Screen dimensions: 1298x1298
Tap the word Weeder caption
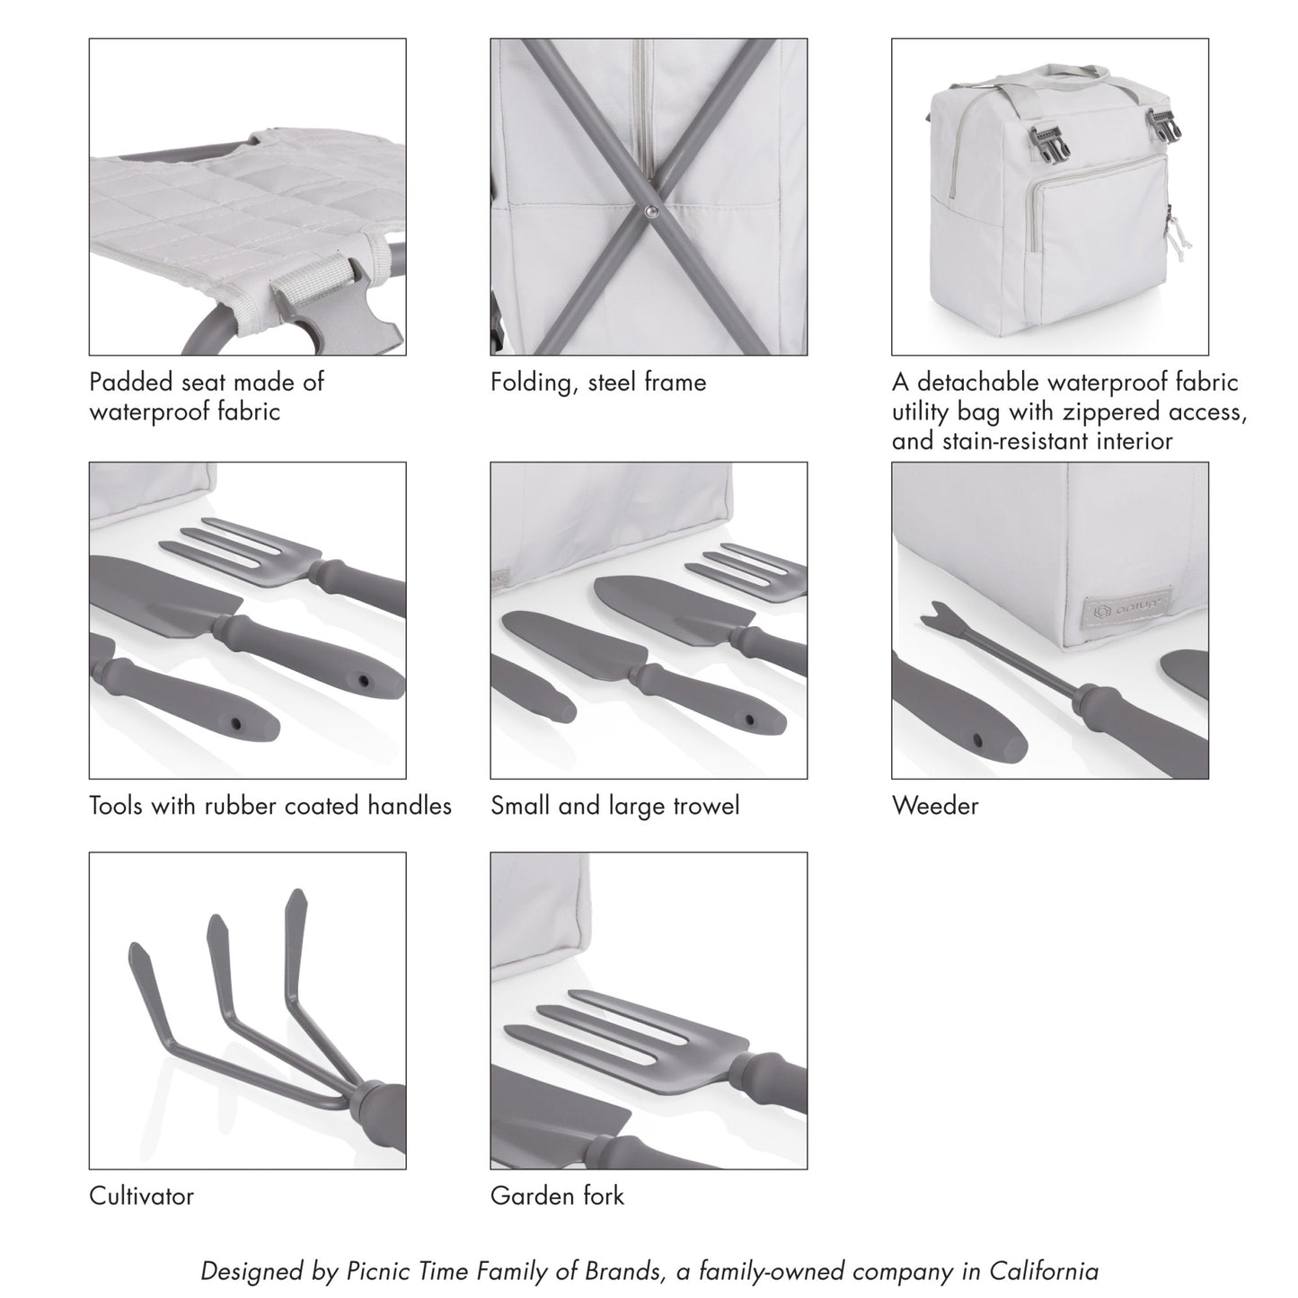tap(934, 806)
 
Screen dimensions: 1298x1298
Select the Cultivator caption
tap(141, 1196)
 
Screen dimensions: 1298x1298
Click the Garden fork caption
tap(557, 1196)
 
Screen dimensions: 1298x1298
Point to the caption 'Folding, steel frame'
tap(598, 383)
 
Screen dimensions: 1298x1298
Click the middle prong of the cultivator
tap(216, 934)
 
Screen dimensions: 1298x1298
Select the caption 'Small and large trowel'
tap(614, 806)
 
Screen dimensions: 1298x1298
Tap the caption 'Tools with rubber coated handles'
tap(269, 806)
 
